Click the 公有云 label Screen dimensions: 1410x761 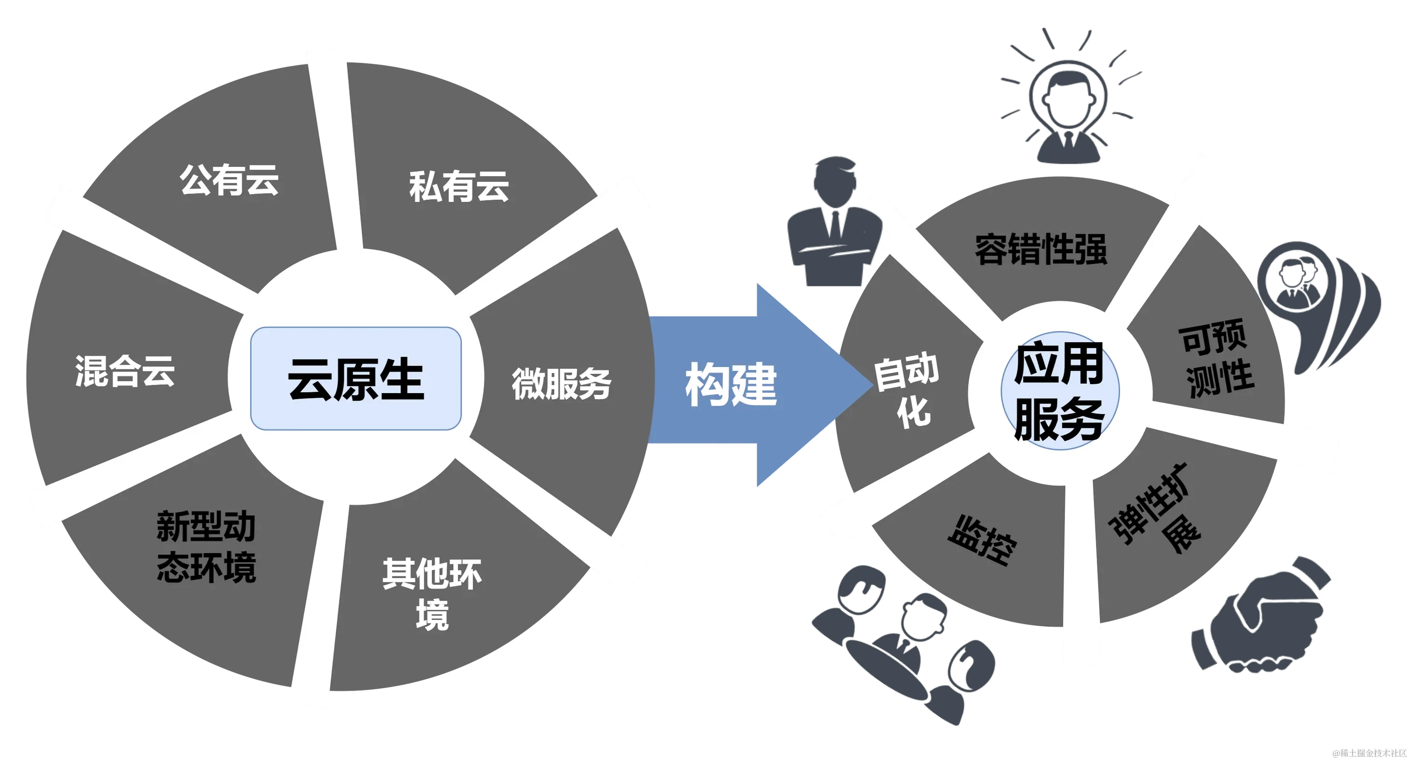click(x=229, y=180)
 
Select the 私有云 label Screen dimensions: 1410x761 click(x=459, y=187)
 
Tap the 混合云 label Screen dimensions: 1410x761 click(x=125, y=371)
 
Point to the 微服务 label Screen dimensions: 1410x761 click(x=561, y=383)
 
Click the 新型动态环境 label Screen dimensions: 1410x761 click(x=206, y=547)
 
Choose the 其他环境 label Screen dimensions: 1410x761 click(x=432, y=594)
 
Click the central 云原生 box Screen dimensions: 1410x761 click(x=356, y=378)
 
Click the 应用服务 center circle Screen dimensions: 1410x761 click(x=1060, y=391)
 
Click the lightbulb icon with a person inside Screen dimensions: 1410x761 click(x=1067, y=104)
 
